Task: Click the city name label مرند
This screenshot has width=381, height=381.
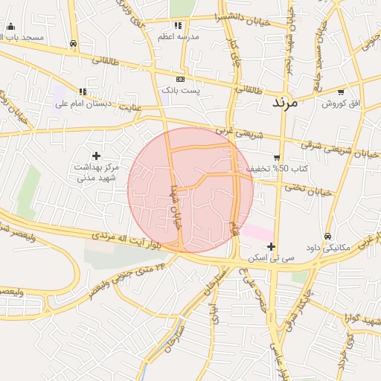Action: [284, 102]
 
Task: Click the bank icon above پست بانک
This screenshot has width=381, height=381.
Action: [180, 79]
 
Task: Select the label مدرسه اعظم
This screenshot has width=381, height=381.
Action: [176, 36]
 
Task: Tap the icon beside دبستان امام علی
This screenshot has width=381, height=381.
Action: [83, 92]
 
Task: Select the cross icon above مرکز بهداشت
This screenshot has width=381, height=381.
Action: [96, 155]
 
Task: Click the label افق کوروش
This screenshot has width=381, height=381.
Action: [341, 103]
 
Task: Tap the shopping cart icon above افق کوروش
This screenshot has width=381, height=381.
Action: [341, 92]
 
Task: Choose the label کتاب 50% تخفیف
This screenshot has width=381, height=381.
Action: [267, 169]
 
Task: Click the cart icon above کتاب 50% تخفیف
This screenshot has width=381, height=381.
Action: [277, 157]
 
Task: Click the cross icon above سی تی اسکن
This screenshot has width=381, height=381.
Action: [271, 246]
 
